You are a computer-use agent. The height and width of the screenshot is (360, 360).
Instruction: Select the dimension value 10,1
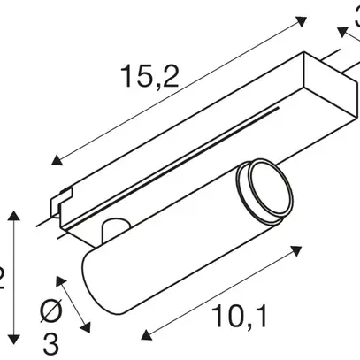click(x=240, y=313)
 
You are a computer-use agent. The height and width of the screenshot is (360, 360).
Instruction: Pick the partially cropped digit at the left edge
click(x=3, y=280)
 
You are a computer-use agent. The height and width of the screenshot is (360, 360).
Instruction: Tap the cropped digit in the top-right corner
click(x=354, y=11)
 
